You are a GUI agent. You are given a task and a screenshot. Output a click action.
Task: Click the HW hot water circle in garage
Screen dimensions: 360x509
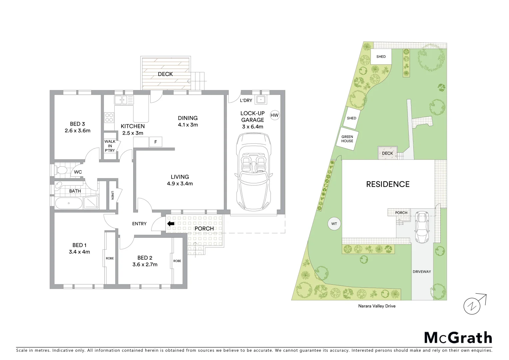click(274, 116)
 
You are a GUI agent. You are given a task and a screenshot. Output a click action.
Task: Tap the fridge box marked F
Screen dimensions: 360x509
click(155, 142)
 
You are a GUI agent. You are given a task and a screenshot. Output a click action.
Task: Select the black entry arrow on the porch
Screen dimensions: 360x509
click(171, 224)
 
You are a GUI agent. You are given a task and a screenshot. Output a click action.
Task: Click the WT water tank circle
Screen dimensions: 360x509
click(334, 224)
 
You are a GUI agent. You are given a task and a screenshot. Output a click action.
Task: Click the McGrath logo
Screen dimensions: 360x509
click(458, 338)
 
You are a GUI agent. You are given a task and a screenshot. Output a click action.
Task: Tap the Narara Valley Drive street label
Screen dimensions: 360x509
click(376, 306)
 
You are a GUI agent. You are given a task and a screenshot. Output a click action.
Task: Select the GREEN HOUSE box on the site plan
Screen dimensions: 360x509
click(347, 139)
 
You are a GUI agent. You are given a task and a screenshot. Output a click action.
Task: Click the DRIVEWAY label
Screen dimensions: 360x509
click(422, 272)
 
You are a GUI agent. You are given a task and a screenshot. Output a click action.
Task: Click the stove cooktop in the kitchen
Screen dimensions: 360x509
click(109, 117)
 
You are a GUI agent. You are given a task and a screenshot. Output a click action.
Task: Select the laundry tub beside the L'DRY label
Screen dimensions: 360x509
click(261, 100)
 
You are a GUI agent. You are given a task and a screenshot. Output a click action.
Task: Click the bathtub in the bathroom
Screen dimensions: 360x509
click(69, 203)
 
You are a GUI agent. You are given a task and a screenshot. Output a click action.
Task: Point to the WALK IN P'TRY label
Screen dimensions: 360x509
click(110, 146)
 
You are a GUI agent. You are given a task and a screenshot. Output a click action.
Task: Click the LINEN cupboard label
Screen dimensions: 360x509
click(113, 195)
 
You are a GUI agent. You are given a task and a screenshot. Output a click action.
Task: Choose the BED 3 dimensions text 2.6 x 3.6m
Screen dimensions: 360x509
click(78, 131)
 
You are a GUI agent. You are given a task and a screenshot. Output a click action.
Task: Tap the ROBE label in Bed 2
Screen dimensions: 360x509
click(177, 261)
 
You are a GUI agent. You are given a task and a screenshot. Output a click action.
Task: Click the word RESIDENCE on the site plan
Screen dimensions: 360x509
click(388, 184)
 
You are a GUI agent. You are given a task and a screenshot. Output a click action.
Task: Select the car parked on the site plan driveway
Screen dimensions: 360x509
click(422, 227)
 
